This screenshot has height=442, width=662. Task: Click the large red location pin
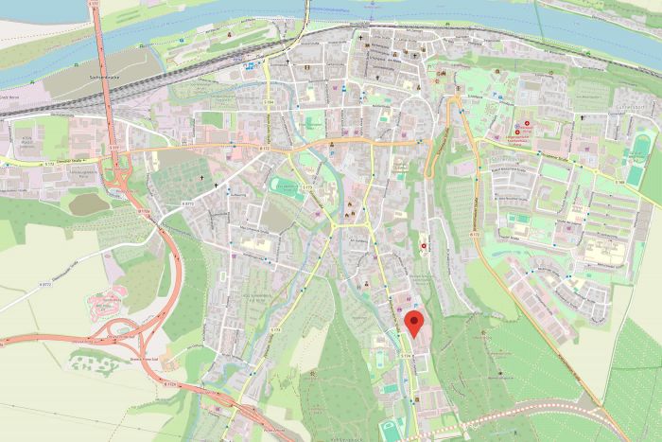[x=413, y=324]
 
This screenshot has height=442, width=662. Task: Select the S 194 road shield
[x=270, y=102]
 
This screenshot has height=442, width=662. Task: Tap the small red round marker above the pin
[x=424, y=247]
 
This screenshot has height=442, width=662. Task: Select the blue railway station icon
[x=249, y=66]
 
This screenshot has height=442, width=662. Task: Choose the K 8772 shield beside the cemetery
[x=187, y=203]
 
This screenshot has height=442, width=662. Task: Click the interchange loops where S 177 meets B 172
[x=119, y=179]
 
